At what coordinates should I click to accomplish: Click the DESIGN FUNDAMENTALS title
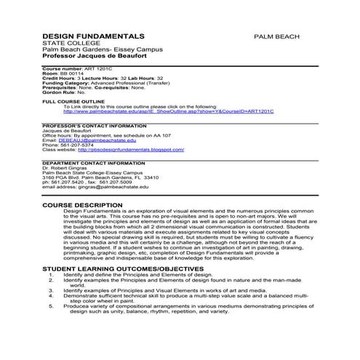[x=94, y=36]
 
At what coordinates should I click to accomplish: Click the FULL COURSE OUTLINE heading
[x=73, y=102]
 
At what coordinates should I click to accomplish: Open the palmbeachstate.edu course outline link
[x=168, y=112]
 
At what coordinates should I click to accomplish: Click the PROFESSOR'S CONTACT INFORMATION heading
[x=93, y=125]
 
